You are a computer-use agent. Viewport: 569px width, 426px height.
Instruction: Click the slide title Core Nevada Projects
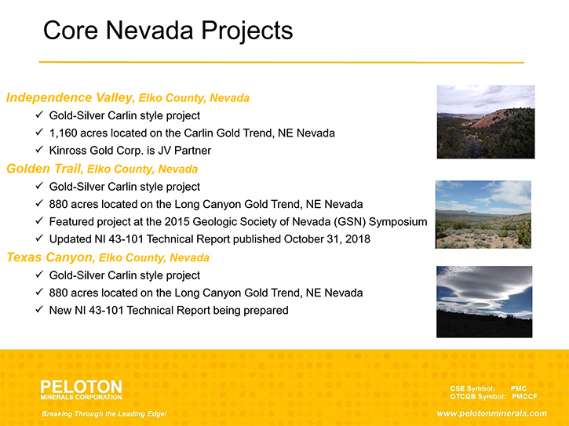168,30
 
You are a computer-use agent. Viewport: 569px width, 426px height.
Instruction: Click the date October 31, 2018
327,239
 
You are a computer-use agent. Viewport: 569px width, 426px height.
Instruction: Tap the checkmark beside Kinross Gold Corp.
39,150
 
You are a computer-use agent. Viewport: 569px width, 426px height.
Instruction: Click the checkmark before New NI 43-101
39,310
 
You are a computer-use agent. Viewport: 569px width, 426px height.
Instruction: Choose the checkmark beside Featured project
39,220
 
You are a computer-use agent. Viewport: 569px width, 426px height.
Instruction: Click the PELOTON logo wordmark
82,387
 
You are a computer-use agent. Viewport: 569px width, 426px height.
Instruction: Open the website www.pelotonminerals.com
492,413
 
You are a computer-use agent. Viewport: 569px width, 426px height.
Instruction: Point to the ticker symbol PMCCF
524,396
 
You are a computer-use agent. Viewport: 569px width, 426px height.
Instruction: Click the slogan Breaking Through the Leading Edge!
104,413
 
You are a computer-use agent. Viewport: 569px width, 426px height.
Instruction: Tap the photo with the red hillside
486,122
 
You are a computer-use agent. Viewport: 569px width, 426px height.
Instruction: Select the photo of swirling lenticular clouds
484,302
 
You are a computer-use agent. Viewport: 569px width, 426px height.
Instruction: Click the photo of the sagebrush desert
483,214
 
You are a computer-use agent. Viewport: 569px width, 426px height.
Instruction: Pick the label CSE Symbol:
472,388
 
